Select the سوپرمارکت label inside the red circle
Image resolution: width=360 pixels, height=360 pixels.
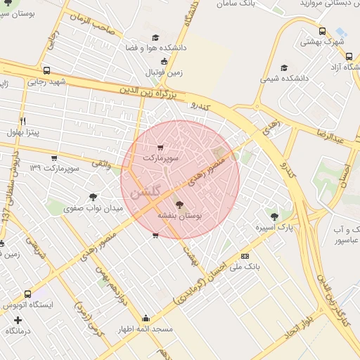click(x=161, y=159)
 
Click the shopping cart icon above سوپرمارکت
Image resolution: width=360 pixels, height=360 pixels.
click(x=161, y=148)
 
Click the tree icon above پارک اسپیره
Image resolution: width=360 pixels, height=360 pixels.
click(x=274, y=217)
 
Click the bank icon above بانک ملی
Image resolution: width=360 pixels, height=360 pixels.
click(x=245, y=257)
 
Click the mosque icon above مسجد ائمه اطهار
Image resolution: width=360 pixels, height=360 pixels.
click(x=146, y=318)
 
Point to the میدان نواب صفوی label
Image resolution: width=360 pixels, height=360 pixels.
click(x=94, y=208)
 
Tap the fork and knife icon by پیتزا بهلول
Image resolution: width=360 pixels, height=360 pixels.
click(x=23, y=121)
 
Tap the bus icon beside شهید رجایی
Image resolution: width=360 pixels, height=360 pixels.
click(x=46, y=71)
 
